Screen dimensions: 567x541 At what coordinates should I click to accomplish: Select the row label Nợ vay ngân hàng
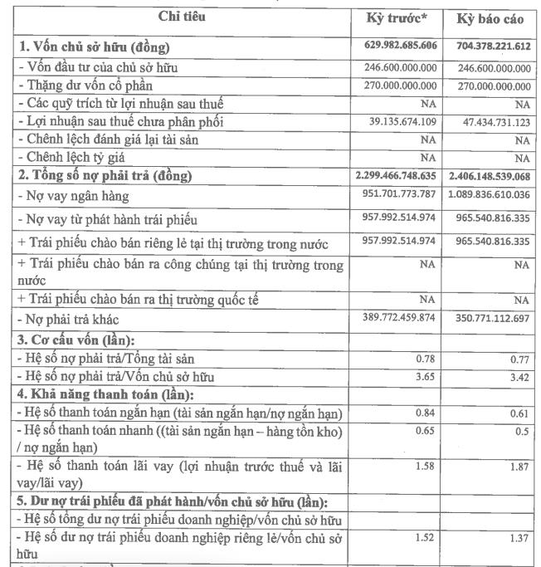click(75, 196)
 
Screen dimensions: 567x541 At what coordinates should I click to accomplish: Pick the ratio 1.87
click(519, 467)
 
